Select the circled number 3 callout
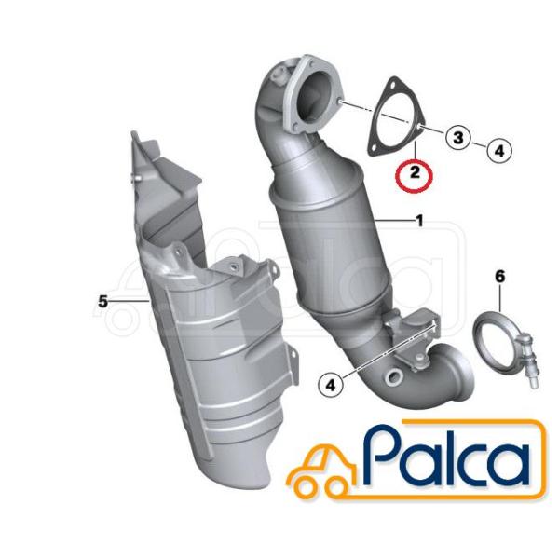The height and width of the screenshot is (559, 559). (458, 138)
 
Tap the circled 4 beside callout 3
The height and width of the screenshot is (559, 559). (499, 150)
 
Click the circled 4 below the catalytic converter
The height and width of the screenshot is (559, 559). (331, 385)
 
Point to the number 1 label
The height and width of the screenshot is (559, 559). (419, 221)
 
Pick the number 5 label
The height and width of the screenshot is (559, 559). (102, 302)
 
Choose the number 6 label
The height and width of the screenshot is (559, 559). (500, 276)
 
